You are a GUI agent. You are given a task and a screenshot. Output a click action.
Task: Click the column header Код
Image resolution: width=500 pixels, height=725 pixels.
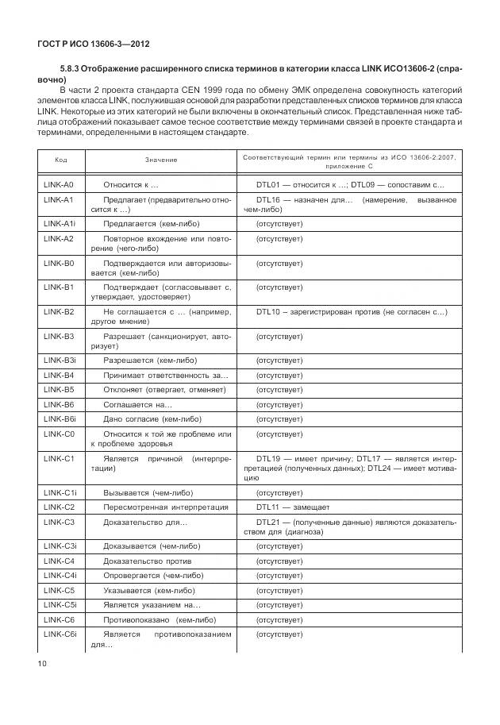point(61,160)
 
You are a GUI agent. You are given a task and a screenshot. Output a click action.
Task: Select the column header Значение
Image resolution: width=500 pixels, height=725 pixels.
point(161,160)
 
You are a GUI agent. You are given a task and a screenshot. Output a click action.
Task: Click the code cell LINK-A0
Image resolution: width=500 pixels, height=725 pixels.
point(59,184)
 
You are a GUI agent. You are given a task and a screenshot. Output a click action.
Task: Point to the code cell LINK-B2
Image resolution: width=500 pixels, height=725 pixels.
point(59,312)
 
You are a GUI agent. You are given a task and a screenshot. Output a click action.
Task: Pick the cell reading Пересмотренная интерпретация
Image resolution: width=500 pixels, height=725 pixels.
point(166,507)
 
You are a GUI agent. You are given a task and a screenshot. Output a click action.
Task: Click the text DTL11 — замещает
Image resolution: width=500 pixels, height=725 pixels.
point(292,507)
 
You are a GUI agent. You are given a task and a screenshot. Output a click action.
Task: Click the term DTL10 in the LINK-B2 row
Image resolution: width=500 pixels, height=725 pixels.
point(268,312)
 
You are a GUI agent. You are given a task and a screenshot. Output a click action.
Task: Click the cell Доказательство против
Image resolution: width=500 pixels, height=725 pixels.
point(145,561)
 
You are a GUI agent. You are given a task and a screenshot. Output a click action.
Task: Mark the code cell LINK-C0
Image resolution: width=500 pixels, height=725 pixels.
point(59,434)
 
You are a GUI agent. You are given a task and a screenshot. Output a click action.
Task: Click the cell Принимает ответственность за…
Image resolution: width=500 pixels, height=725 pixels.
point(166,375)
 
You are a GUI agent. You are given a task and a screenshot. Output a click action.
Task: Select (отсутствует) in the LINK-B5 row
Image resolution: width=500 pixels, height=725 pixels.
point(279,390)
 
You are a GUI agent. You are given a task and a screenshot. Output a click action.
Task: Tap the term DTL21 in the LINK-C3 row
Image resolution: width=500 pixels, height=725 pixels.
point(268,522)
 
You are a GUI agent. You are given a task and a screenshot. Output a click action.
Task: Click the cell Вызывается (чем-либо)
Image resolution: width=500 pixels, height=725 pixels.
point(148,492)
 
